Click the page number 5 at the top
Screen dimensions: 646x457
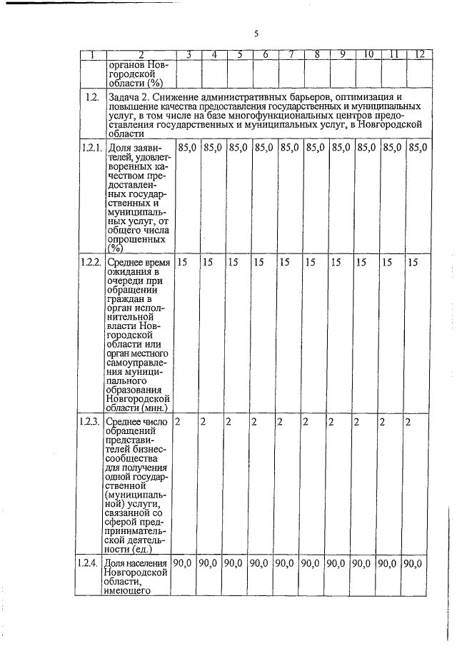coord(256,33)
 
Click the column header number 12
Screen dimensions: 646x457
coord(420,55)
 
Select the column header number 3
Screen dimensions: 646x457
coord(188,55)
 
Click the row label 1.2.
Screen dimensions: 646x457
coord(91,97)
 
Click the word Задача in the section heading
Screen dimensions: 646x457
coord(124,96)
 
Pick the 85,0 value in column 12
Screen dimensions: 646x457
coord(418,147)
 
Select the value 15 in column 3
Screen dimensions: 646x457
coord(182,262)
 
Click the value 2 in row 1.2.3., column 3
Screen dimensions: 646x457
coord(178,421)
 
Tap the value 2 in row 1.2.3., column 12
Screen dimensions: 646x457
coord(408,421)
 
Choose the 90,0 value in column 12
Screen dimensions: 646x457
coord(413,563)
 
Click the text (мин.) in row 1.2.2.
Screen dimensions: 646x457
coord(154,408)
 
